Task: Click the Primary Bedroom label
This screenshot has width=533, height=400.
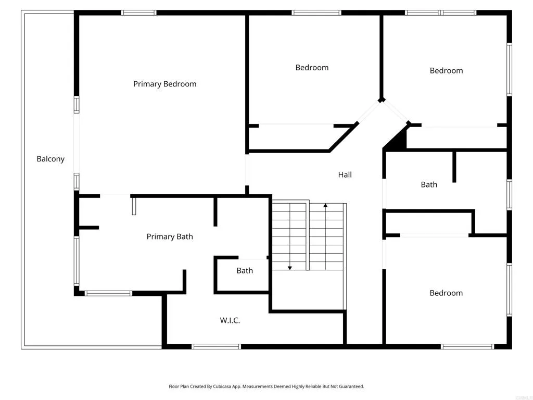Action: coord(164,84)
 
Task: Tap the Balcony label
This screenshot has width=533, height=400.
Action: coord(50,159)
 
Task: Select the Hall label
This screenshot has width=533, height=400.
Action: coord(345,175)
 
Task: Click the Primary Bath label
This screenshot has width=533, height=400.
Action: coord(170,236)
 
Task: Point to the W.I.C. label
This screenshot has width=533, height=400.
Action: coord(230,320)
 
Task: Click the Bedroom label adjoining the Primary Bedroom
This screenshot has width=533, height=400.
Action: coord(312,67)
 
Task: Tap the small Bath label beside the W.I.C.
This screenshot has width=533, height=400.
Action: coord(245,270)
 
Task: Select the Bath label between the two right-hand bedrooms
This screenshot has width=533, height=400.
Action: coord(429,184)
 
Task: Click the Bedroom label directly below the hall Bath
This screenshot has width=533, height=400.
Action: coord(446,293)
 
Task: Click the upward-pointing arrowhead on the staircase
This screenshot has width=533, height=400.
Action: coord(325,206)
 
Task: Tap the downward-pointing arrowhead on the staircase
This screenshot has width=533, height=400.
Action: coord(290,268)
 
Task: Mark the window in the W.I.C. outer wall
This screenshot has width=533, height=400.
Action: coord(216,346)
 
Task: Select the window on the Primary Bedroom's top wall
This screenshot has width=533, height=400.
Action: coord(138,12)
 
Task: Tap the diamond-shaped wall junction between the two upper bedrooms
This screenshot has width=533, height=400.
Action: coord(382,99)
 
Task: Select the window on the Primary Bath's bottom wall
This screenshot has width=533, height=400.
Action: coord(108,293)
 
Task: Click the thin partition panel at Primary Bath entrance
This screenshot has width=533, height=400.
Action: coord(134,205)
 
